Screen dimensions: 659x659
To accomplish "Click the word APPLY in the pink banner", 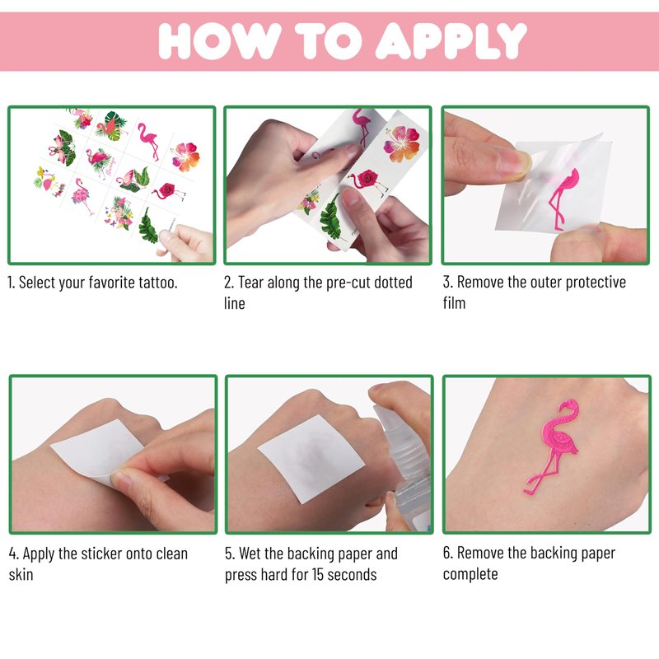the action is pyautogui.click(x=451, y=40).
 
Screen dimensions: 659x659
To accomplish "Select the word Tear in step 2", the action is pyautogui.click(x=251, y=282).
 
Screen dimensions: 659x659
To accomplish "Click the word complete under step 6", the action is pyautogui.click(x=470, y=574).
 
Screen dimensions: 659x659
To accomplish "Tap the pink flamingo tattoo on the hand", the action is pyautogui.click(x=551, y=446).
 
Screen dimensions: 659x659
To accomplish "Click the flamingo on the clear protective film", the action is pyautogui.click(x=563, y=198).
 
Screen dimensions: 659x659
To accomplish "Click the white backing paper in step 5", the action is pyautogui.click(x=311, y=459).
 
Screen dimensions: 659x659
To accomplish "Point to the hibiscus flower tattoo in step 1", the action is pyautogui.click(x=185, y=157).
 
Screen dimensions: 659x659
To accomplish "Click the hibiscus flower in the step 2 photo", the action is pyautogui.click(x=401, y=145).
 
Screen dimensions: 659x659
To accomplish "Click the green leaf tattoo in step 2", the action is pyautogui.click(x=332, y=217).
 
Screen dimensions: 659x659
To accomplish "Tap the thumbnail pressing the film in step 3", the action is pyautogui.click(x=514, y=161).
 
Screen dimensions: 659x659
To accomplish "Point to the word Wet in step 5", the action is pyautogui.click(x=250, y=554).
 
